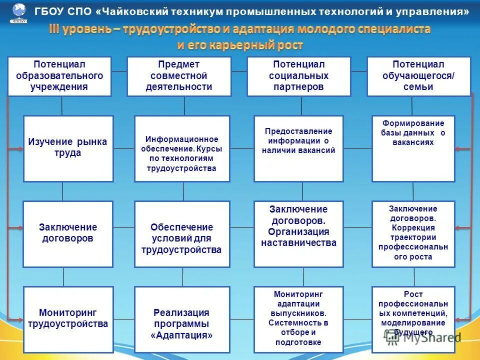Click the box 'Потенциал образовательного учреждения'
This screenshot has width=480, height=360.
point(59,76)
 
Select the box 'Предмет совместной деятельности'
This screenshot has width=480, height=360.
point(179,76)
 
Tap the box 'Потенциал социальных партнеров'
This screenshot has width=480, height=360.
point(299,76)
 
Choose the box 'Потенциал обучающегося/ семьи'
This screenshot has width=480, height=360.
point(419,76)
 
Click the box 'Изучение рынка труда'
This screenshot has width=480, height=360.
point(68,148)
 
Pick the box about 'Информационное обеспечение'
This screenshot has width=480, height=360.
point(182,148)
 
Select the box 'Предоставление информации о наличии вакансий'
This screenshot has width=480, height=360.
point(298,148)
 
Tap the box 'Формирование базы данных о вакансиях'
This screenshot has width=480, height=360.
point(413,148)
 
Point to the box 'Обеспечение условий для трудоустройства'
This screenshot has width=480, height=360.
point(182,234)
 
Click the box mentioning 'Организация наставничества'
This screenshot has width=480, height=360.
point(298,234)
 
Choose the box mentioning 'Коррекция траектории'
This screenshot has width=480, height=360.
point(413,234)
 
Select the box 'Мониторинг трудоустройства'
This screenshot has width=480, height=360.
point(68,319)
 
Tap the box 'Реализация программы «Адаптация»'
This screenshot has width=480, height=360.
point(182,319)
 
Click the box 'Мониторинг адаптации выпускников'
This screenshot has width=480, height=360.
point(298,319)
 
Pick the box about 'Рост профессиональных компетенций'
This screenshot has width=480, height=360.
point(413,319)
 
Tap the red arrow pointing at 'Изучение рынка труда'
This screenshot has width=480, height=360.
point(15,148)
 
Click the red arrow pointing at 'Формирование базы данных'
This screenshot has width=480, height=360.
point(463,148)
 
